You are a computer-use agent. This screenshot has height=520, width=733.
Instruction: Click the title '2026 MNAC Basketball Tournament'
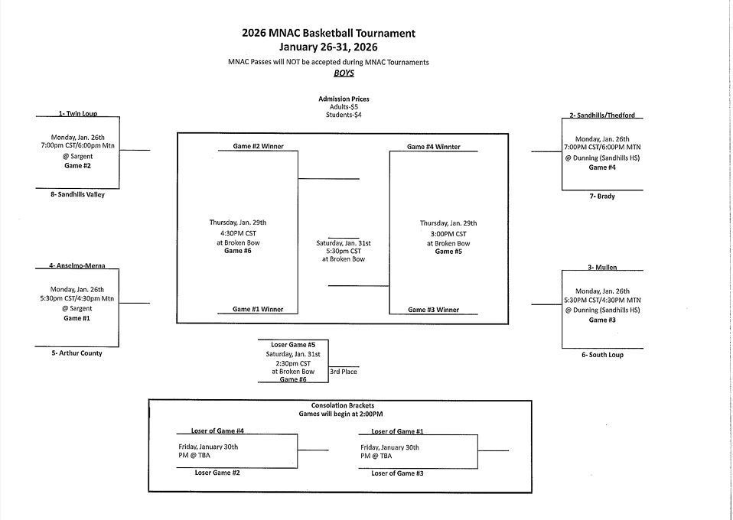(328, 33)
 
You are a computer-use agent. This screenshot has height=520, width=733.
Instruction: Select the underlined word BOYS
(344, 73)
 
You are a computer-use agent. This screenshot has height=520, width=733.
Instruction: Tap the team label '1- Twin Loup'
(77, 113)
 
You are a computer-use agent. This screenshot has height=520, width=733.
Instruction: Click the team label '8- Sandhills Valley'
(77, 194)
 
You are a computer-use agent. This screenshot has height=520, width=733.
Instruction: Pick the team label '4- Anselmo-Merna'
(77, 265)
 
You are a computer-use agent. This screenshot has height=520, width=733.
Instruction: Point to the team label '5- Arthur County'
(76, 353)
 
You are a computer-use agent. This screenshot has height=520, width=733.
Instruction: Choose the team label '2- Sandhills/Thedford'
(602, 115)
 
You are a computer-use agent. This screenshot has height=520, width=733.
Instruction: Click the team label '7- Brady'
(601, 197)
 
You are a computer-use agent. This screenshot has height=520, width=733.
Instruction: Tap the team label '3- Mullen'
(602, 268)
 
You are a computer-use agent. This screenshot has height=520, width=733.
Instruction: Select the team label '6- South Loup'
(602, 355)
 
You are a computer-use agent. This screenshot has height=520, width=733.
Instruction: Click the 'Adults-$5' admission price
(344, 107)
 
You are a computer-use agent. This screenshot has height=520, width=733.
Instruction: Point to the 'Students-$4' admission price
(344, 115)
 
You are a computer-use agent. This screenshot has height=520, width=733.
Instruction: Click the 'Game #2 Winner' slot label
(258, 146)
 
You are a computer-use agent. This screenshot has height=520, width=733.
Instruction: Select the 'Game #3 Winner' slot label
(433, 310)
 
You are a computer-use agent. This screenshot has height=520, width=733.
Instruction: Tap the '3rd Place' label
(344, 372)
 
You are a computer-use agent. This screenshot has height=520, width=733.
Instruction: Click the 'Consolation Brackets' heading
(343, 405)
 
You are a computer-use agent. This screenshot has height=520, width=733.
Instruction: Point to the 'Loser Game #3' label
(397, 473)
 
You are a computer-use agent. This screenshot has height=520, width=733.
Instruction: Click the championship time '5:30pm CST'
(344, 251)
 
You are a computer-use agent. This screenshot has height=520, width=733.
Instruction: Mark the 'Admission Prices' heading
(344, 99)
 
